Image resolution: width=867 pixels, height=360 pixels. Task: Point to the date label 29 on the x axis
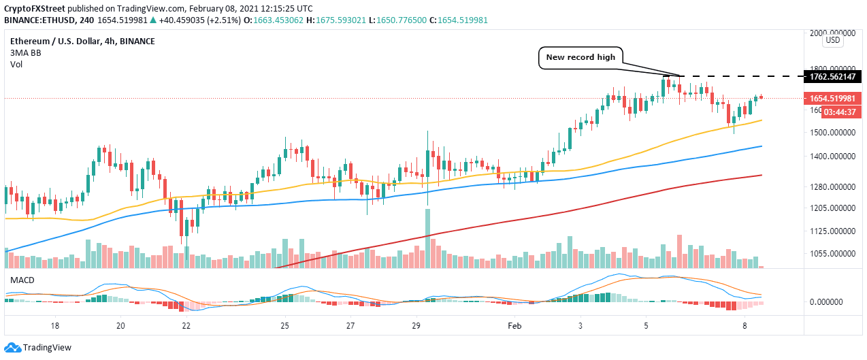(x=416, y=326)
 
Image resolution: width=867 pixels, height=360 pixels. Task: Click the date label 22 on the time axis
(x=186, y=326)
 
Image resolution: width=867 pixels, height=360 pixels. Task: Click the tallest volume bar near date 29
(x=427, y=238)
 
